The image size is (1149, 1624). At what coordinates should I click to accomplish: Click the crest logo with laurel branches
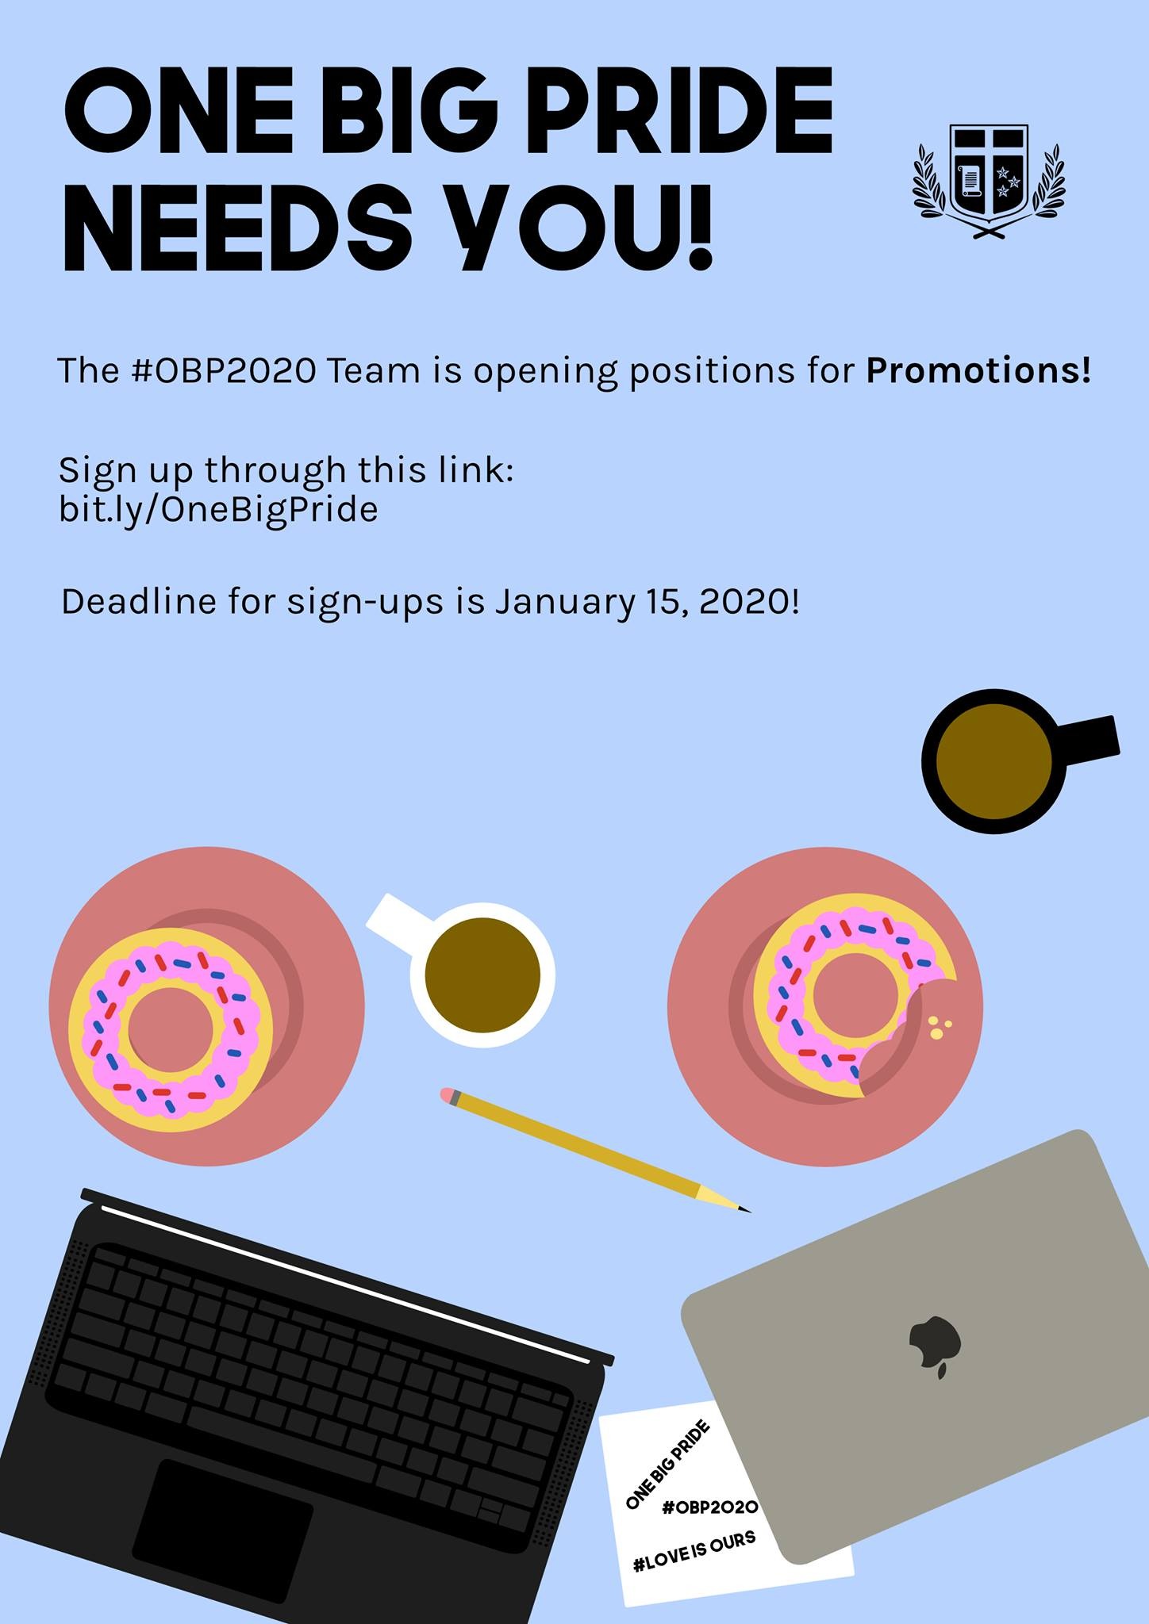pyautogui.click(x=990, y=182)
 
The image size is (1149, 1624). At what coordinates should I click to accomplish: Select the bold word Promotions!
pyautogui.click(x=978, y=370)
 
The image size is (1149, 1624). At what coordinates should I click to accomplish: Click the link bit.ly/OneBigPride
pyautogui.click(x=218, y=509)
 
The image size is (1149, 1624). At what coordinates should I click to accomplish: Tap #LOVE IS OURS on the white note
pyautogui.click(x=694, y=1551)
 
